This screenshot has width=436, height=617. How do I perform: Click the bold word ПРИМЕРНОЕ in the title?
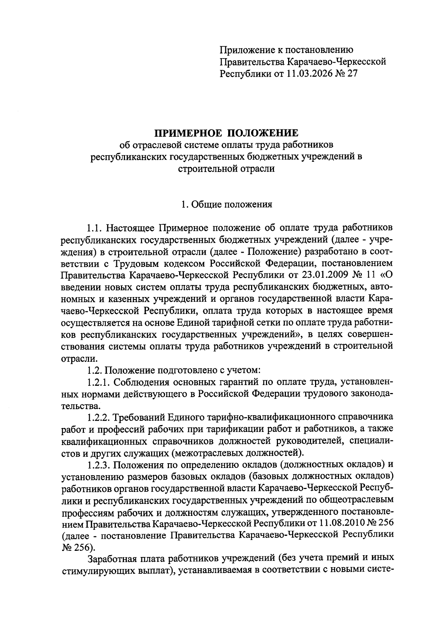point(186,132)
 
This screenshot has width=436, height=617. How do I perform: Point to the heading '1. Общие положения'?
point(227,204)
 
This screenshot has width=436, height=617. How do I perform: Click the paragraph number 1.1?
point(95,228)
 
